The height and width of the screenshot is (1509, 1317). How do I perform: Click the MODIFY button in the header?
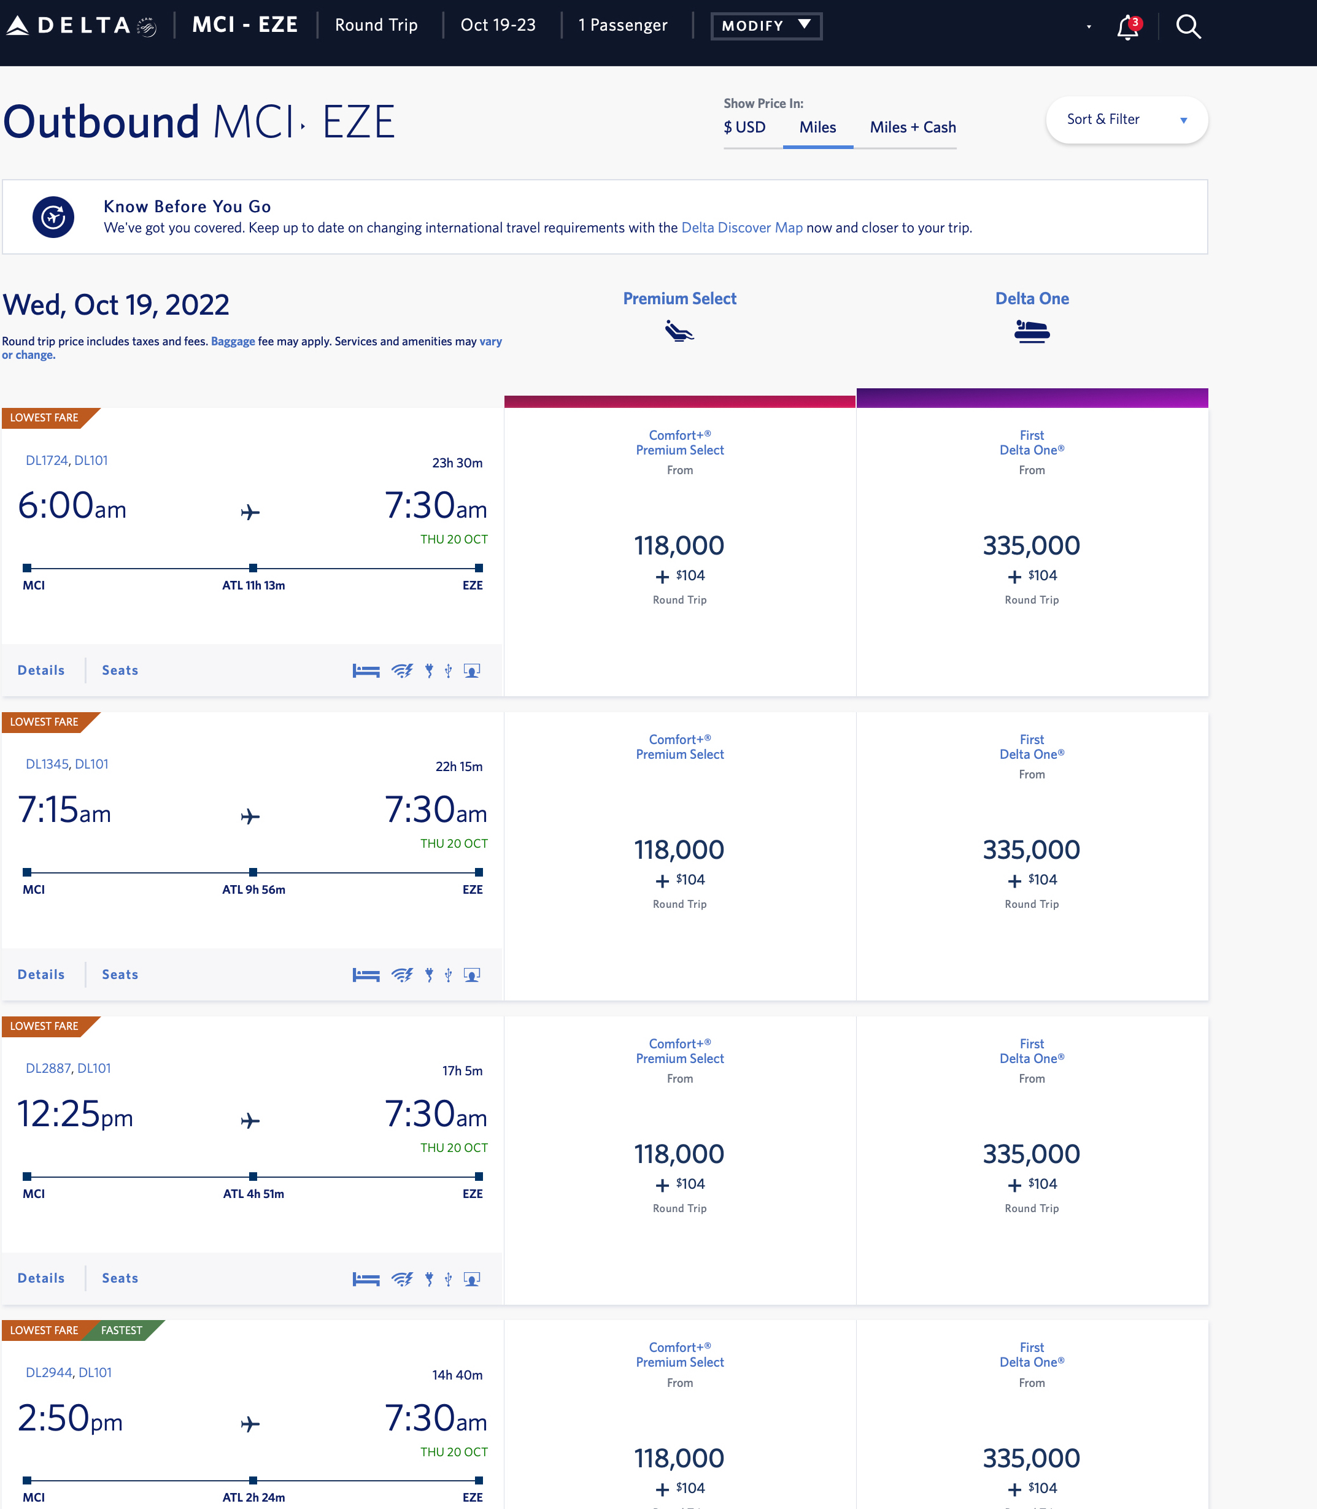766,26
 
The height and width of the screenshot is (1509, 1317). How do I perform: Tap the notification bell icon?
1127,27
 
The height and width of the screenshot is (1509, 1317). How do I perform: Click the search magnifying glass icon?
1188,27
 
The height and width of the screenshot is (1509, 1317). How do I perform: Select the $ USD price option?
744,127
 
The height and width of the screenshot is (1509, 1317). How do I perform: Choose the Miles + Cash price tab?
912,127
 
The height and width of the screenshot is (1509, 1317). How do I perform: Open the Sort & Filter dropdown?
1126,120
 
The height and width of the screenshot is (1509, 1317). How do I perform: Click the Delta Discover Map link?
741,228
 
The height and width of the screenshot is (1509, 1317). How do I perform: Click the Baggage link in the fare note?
233,342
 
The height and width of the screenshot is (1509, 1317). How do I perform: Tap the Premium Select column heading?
679,299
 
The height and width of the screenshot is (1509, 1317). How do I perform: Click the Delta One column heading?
1031,299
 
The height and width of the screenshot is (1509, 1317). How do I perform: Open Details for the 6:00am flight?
41,670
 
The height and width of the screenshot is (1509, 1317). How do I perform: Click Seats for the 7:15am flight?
120,974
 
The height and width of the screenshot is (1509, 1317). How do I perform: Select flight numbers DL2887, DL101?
68,1068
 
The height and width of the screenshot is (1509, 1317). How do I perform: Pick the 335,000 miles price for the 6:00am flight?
1031,546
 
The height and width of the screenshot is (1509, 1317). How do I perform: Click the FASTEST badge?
122,1330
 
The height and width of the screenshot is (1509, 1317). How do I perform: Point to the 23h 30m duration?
457,463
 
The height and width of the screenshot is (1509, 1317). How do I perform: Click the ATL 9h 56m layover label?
253,889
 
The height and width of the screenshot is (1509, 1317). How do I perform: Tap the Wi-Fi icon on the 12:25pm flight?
402,1279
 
